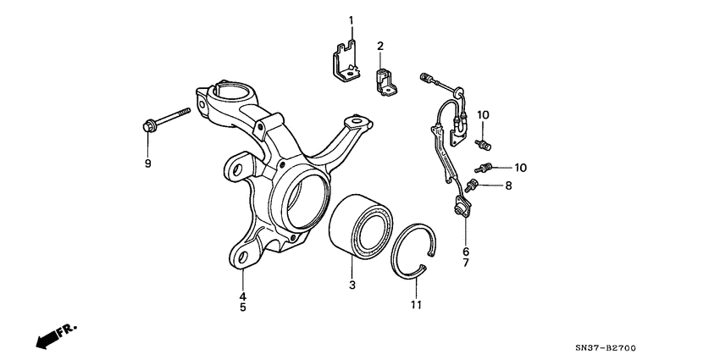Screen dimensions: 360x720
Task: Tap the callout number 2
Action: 380,46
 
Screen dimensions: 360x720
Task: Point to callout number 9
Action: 147,163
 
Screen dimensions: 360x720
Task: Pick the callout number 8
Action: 509,185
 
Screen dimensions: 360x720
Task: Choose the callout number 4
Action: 241,296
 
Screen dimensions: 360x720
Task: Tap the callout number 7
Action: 465,263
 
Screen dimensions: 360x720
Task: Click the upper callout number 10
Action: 484,114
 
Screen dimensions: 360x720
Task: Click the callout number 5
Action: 241,308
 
